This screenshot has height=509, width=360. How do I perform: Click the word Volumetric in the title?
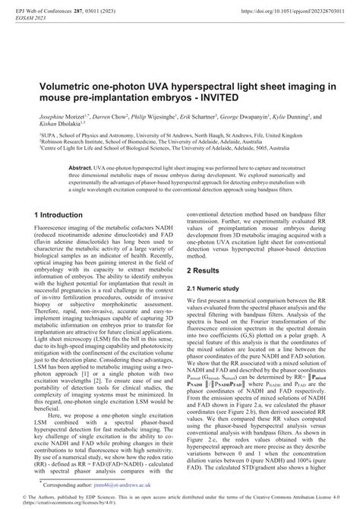point(61,68)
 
